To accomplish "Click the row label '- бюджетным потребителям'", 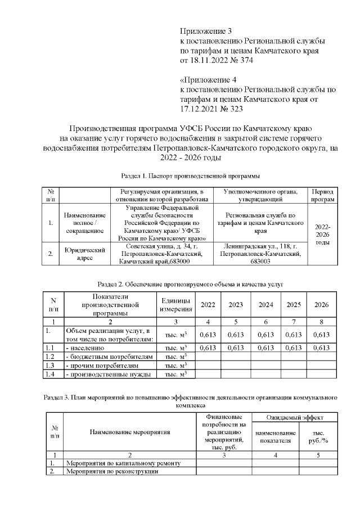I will [109, 357].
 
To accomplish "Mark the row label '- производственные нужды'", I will [109, 373].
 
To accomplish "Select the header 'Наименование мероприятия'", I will [129, 432].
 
